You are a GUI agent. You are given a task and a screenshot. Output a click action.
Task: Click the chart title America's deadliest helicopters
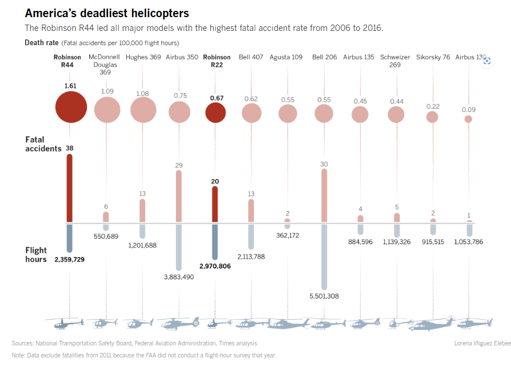pyautogui.click(x=107, y=13)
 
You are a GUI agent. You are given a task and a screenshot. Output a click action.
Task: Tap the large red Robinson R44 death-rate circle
pyautogui.click(x=71, y=108)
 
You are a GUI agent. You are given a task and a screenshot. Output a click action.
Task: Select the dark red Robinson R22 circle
pyautogui.click(x=215, y=113)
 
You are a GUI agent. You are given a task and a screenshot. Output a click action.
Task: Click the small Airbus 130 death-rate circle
pyautogui.click(x=469, y=119)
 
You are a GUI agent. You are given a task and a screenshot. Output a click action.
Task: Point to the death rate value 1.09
pyautogui.click(x=107, y=91)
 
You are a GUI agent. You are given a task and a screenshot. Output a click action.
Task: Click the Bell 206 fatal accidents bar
pyautogui.click(x=324, y=195)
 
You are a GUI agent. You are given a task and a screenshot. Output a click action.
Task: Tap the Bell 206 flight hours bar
pyautogui.click(x=324, y=257)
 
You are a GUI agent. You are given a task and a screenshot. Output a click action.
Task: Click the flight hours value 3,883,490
pyautogui.click(x=179, y=277)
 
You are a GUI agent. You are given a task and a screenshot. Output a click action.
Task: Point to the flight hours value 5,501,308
pyautogui.click(x=324, y=296)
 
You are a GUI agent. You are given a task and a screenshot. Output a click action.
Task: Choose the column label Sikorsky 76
pyautogui.click(x=433, y=57)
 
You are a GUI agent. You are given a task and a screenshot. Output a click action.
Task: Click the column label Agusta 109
pyautogui.click(x=286, y=57)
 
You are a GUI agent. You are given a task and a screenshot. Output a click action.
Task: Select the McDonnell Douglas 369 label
pyautogui.click(x=105, y=65)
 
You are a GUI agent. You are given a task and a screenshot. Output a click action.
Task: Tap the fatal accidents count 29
pyautogui.click(x=179, y=165)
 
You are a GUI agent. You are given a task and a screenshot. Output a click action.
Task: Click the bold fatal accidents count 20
pyautogui.click(x=215, y=181)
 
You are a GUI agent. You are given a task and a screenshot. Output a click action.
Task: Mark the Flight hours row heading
pyautogui.click(x=36, y=255)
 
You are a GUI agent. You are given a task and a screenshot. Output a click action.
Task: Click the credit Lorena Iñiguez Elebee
pyautogui.click(x=482, y=343)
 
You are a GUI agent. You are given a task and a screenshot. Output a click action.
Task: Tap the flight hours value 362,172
pyautogui.click(x=288, y=235)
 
